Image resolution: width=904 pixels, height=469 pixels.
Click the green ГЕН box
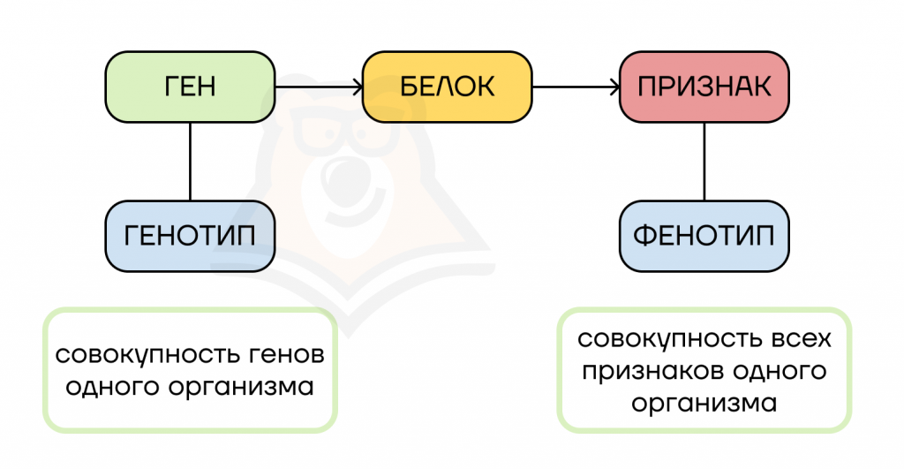190,87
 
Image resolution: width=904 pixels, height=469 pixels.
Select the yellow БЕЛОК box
447,87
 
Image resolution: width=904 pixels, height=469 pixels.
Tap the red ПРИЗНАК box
704,87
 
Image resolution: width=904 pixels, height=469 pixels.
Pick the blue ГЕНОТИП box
190,236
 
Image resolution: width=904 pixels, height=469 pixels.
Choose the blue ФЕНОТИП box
704,236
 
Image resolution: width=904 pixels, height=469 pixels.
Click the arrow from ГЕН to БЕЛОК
319,87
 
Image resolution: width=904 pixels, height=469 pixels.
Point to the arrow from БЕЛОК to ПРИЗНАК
576,87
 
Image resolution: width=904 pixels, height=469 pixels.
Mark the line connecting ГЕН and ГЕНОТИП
190,162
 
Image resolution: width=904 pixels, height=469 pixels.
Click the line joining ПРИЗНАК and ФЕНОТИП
704,162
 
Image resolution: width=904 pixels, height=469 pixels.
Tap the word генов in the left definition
287,355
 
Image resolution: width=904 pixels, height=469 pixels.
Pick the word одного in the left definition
112,386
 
